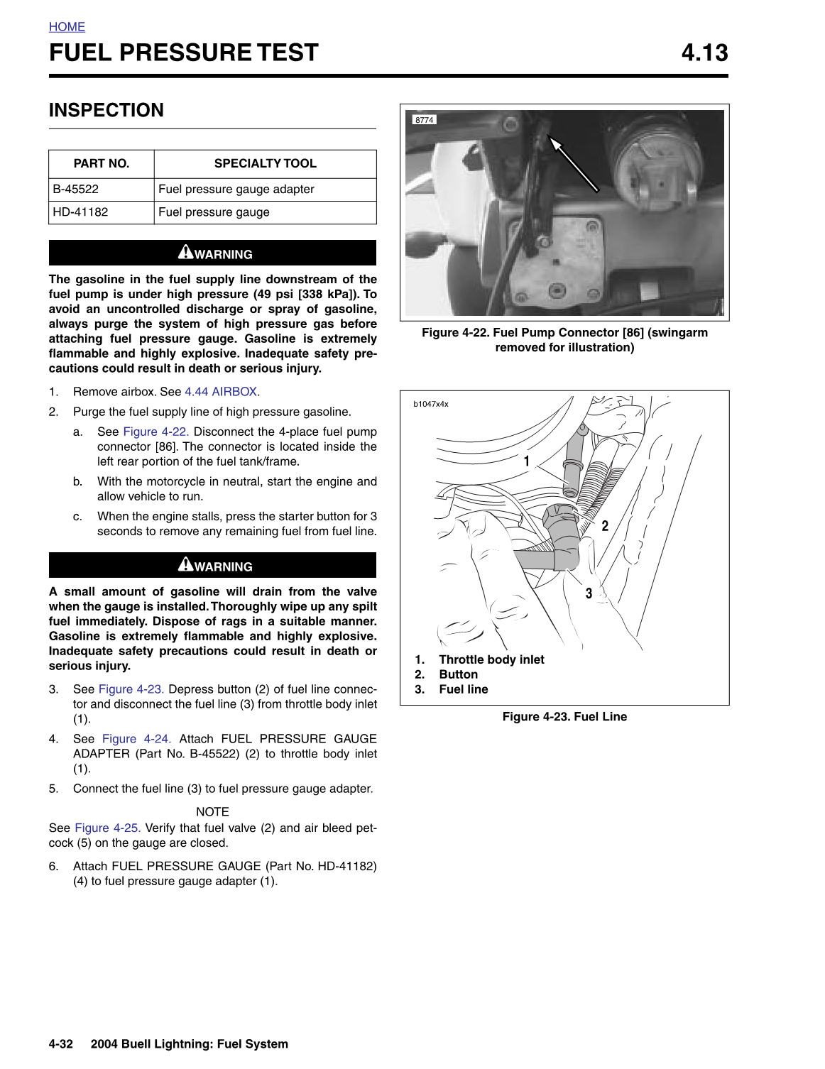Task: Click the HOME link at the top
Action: click(67, 27)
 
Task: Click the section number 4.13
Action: click(704, 53)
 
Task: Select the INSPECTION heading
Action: click(106, 111)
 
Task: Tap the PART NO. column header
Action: click(102, 163)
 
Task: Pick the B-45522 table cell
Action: click(76, 190)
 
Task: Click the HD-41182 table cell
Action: click(80, 212)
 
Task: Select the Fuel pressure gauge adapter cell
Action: click(236, 190)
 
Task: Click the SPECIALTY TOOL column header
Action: click(265, 163)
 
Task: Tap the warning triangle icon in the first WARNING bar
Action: click(185, 252)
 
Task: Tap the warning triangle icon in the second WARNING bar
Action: click(185, 564)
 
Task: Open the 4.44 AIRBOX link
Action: click(222, 392)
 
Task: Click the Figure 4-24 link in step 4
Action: click(136, 739)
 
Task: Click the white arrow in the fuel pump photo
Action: click(574, 165)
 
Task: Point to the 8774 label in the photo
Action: click(424, 120)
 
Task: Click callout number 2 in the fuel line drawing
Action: click(605, 526)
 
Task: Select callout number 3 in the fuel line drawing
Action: click(589, 593)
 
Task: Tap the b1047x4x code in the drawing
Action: click(431, 405)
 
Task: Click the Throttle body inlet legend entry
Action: click(491, 660)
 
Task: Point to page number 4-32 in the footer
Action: click(61, 1044)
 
